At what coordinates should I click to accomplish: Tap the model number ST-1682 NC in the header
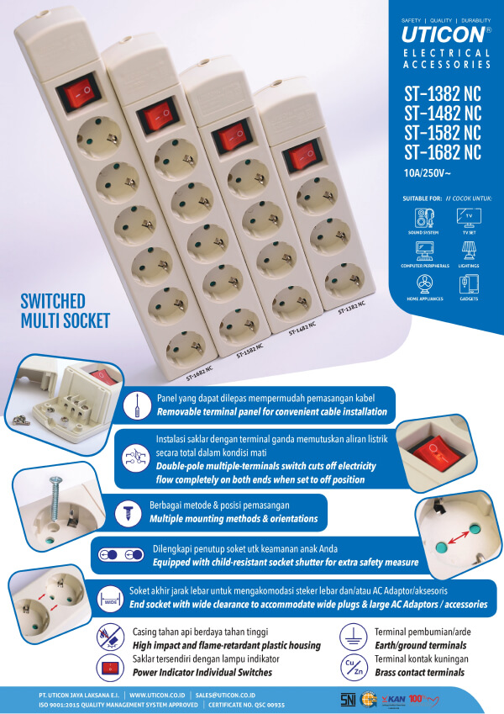coord(442,153)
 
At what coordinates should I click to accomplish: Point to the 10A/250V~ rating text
coord(427,175)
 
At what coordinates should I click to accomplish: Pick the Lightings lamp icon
coord(469,250)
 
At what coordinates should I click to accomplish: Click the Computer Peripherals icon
coord(423,250)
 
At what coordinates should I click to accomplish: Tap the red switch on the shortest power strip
coord(302,156)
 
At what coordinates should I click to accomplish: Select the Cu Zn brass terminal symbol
coord(354,667)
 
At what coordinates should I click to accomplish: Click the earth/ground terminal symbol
coord(354,637)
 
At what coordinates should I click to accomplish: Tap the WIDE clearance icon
coord(111,595)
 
